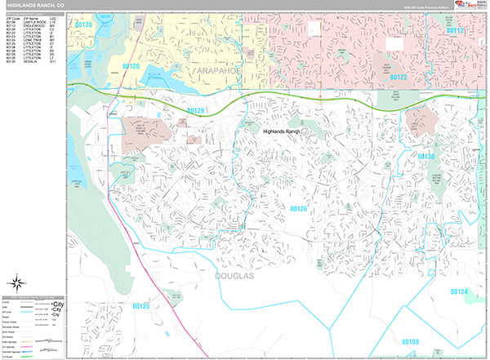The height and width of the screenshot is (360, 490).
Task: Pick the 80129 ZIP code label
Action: pos(195,110)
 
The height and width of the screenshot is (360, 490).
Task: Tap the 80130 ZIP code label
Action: pos(448,155)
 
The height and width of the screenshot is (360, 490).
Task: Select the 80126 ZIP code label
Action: pos(299,209)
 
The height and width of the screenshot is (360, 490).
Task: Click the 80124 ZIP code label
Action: pos(460,291)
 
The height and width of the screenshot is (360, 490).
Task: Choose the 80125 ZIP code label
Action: pos(140,306)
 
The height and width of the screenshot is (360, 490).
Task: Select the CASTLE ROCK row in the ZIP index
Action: pos(33,21)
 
